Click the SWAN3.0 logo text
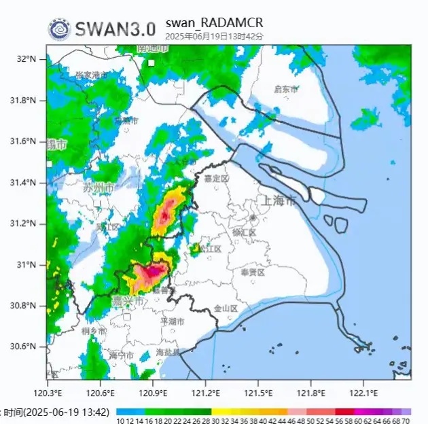pos(115,29)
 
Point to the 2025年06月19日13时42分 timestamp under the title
pos(214,35)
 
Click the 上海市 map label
pos(279,201)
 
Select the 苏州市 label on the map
pos(99,188)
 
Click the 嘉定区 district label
pos(217,178)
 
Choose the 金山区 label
pos(226,308)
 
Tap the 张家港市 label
pos(91,75)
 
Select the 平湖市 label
pos(173,321)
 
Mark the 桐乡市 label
pos(93,331)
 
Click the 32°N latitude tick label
pos(27,59)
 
